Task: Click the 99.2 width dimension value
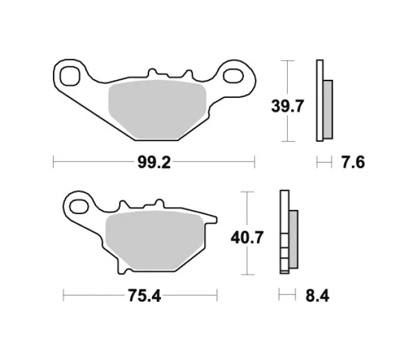point(154,162)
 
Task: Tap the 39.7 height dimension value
point(287,106)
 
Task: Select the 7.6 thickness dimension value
point(353,162)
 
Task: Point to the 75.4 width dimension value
point(145,296)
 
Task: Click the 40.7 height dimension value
point(247,237)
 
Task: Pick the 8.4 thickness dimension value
point(317,296)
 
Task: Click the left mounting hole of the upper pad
point(70,76)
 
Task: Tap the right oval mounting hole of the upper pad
point(233,76)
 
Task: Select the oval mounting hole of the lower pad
point(79,206)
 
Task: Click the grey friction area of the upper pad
point(157,110)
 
